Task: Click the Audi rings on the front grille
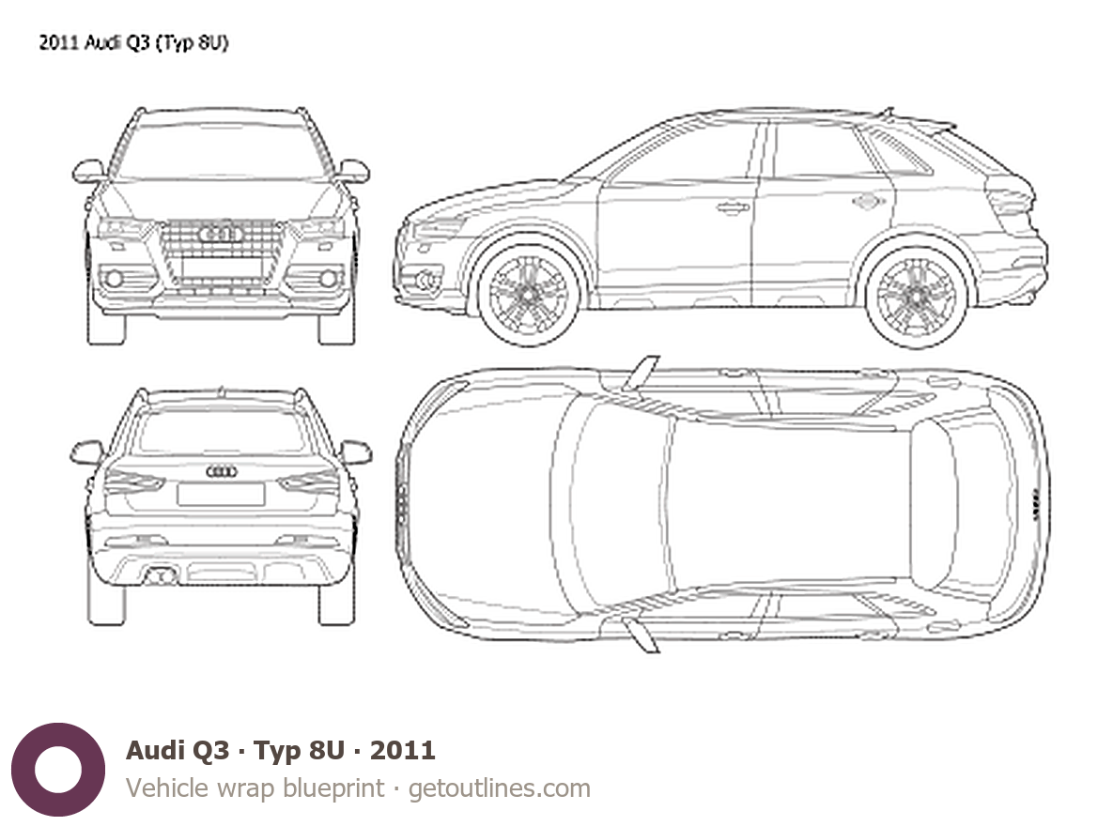222,233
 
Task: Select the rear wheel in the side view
915,294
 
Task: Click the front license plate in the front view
222,268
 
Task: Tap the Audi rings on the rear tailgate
222,472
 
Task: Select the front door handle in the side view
732,206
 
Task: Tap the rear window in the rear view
222,432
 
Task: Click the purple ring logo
57,769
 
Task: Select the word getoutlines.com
500,788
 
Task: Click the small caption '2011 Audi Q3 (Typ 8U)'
133,42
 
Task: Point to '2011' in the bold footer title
403,750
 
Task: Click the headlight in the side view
440,226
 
